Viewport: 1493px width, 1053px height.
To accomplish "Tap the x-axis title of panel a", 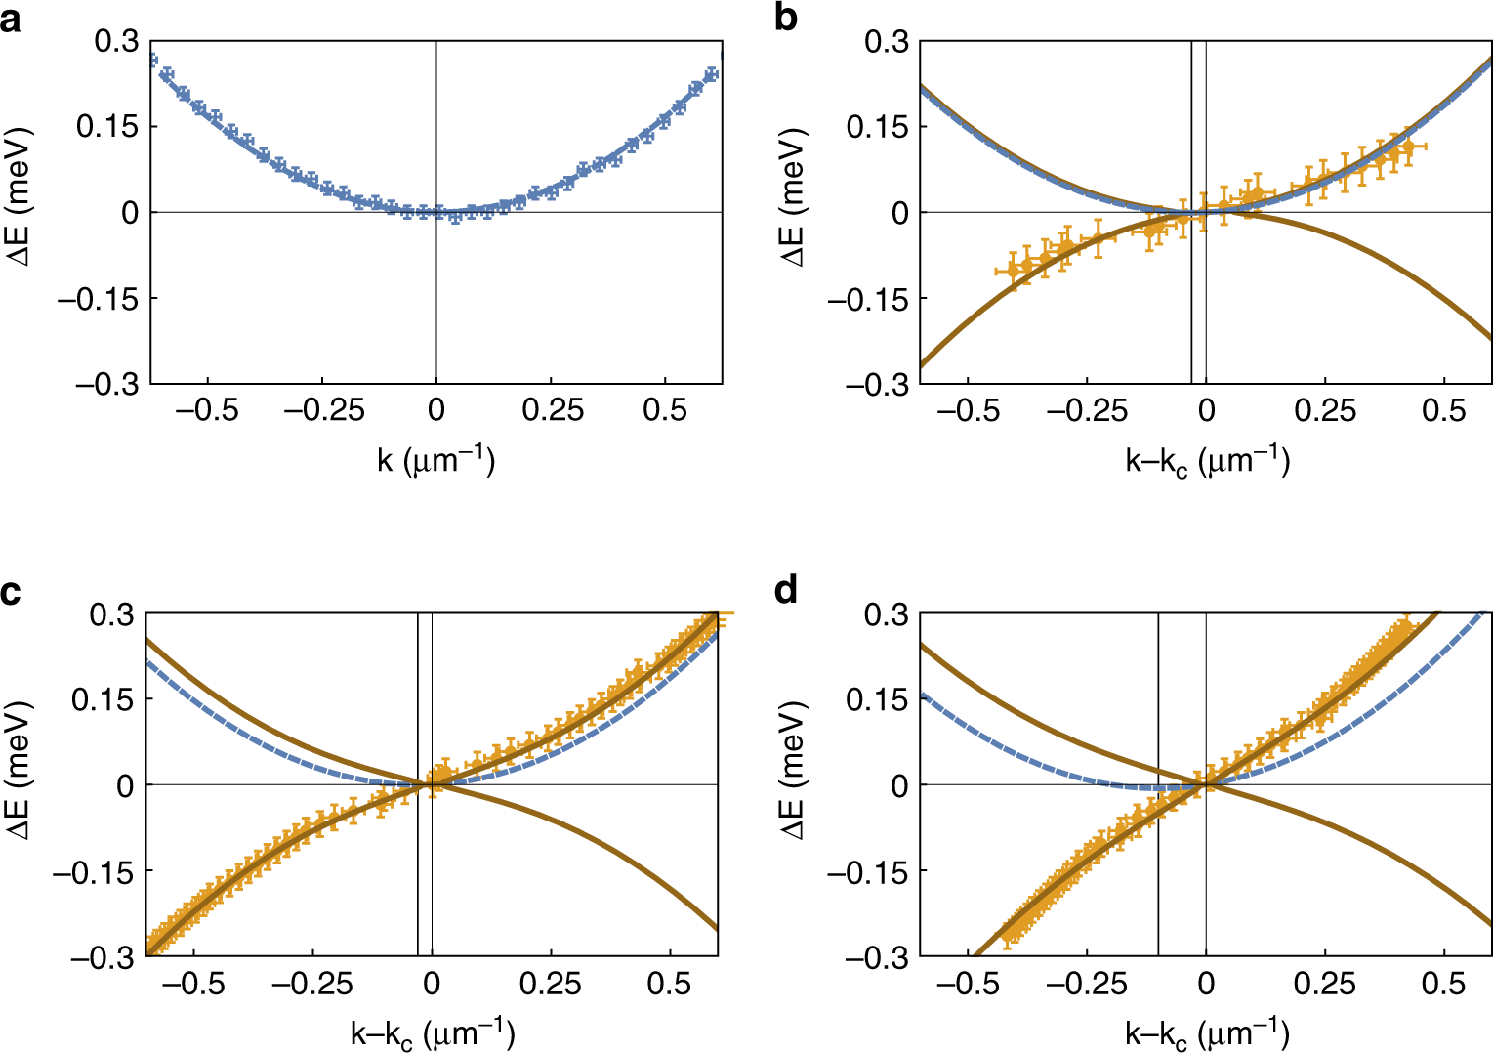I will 436,460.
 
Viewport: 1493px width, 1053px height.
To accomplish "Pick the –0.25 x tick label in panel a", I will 323,410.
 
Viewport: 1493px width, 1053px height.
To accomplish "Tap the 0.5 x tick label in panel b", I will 1443,410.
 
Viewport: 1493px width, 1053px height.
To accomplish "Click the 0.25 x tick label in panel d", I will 1325,984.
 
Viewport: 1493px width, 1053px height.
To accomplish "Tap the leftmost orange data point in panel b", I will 1013,270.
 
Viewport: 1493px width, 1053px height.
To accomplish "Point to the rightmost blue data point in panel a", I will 712,74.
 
